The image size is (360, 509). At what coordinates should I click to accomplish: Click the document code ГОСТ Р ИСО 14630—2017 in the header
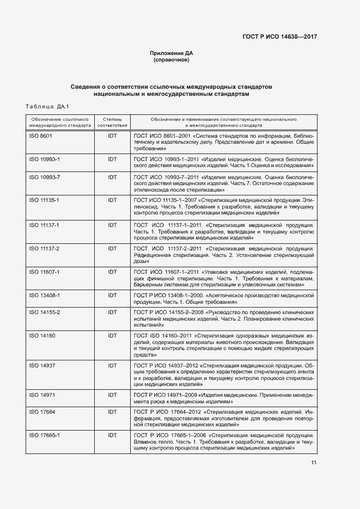[x=279, y=36]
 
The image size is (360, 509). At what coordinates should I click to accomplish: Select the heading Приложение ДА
[x=172, y=53]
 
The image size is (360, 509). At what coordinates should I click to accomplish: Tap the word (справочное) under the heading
[x=172, y=60]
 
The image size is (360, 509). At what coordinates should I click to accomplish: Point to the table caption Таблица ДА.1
[x=45, y=106]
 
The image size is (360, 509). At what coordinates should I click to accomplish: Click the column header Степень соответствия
[x=112, y=121]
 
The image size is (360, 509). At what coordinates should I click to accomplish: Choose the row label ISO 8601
[x=40, y=136]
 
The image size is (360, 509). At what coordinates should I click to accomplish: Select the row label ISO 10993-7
[x=44, y=177]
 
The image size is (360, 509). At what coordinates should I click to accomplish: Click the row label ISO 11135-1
[x=44, y=201]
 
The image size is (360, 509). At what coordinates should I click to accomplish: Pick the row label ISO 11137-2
[x=44, y=248]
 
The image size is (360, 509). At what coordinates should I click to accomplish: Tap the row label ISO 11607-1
[x=44, y=272]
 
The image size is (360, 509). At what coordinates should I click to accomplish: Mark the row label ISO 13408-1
[x=44, y=296]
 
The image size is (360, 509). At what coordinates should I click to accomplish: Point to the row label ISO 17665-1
[x=44, y=436]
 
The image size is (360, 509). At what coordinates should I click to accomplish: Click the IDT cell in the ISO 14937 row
[x=112, y=365]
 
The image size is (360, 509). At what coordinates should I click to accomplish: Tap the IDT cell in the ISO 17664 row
[x=112, y=412]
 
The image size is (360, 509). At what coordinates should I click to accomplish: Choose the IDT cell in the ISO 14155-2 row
[x=112, y=312]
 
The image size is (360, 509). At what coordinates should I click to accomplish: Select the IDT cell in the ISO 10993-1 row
[x=112, y=159]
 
